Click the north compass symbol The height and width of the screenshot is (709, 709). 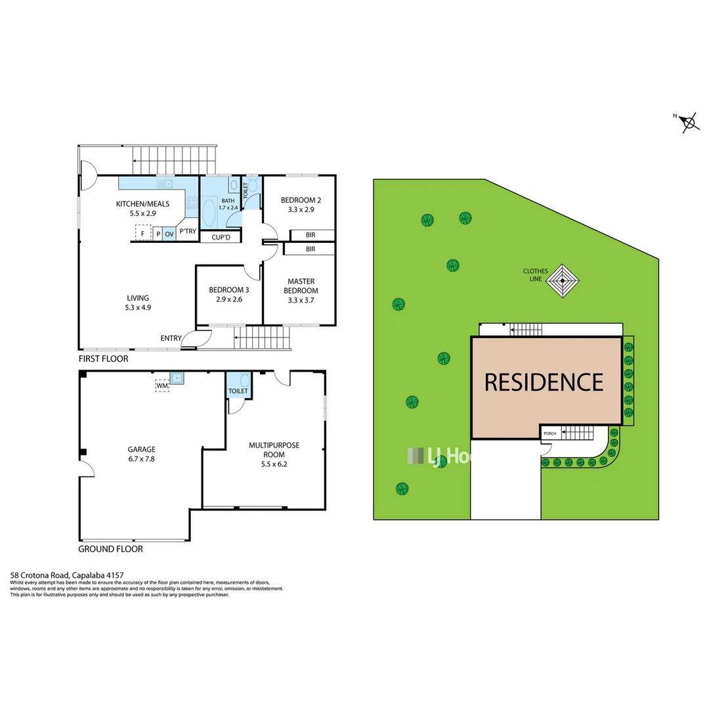[x=688, y=121]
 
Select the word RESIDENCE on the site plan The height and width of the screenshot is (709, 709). [x=544, y=381]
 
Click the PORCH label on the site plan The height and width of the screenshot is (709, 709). [x=549, y=434]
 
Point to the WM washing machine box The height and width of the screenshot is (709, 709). [x=162, y=386]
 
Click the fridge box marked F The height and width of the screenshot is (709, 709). [x=142, y=233]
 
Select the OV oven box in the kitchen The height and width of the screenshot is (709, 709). [x=169, y=233]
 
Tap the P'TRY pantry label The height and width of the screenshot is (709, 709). [x=188, y=231]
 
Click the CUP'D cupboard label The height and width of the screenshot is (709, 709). [x=215, y=238]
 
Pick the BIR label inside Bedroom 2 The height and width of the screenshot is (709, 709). [x=310, y=235]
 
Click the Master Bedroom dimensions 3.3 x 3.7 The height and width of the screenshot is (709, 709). [x=301, y=300]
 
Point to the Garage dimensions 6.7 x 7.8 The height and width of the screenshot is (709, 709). [x=142, y=459]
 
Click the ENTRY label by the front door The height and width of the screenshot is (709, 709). [x=171, y=338]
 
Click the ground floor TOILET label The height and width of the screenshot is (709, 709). [x=238, y=391]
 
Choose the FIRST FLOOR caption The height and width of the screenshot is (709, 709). [x=103, y=359]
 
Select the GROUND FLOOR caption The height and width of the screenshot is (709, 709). [x=110, y=549]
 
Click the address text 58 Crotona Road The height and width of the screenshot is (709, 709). [x=39, y=572]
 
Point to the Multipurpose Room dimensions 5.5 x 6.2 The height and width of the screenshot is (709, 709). [x=274, y=463]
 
